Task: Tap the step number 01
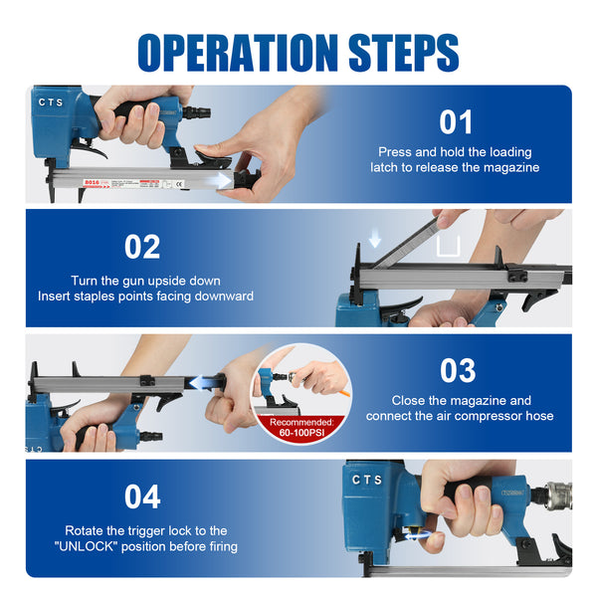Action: (457, 122)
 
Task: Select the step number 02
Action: (141, 247)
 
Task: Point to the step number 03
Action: (457, 370)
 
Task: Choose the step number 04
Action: (141, 495)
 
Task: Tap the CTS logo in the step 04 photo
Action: (366, 481)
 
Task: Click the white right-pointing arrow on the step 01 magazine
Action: (213, 179)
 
